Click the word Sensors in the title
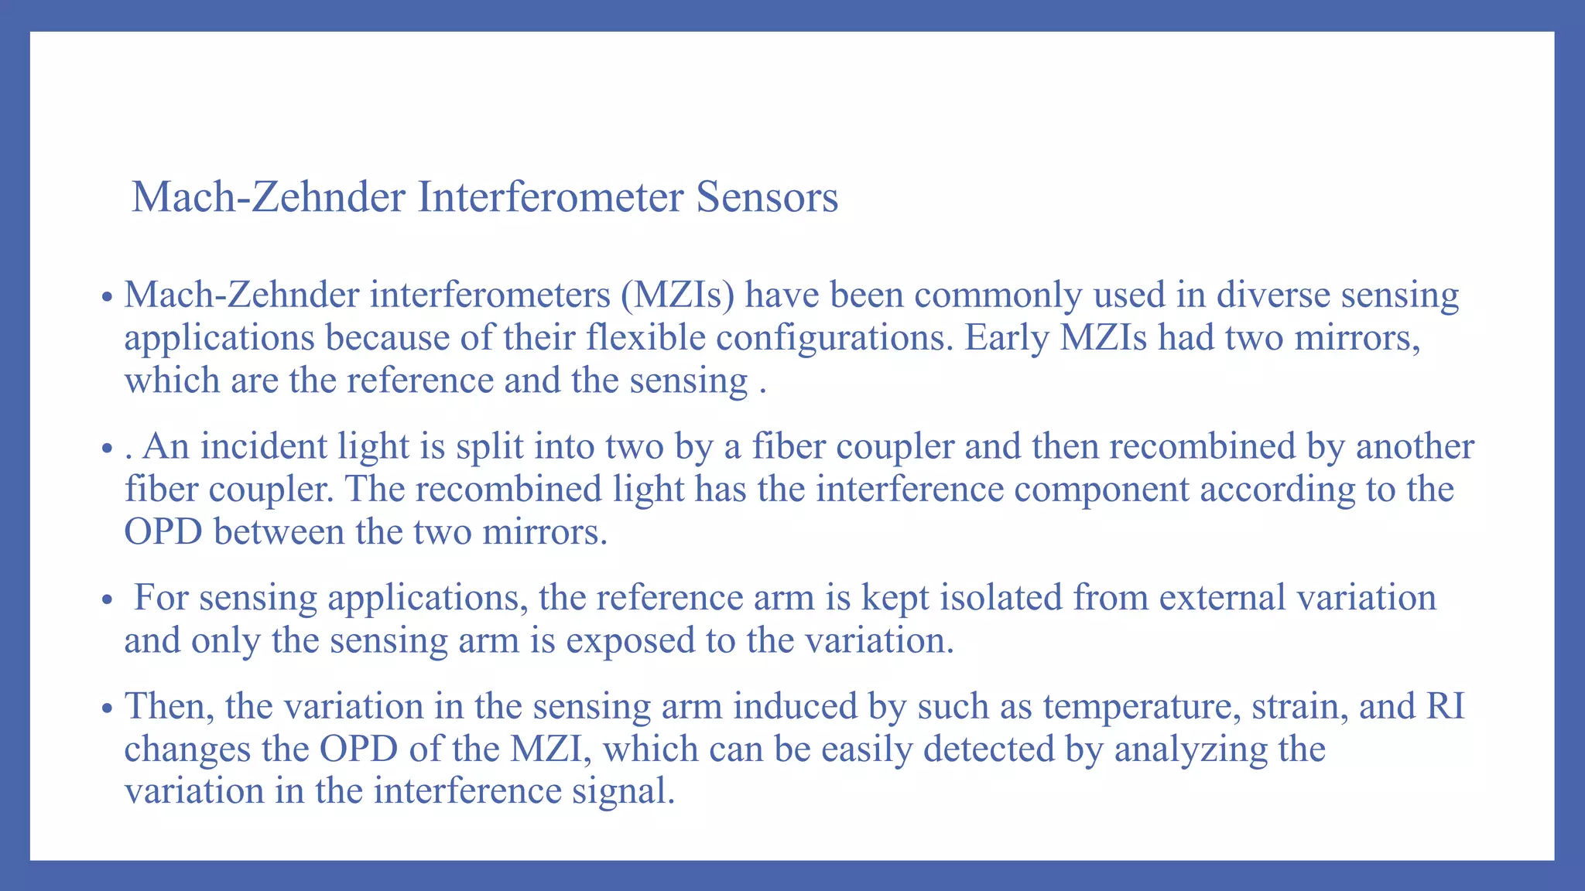pyautogui.click(x=767, y=196)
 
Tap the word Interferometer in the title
pyautogui.click(x=550, y=196)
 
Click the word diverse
pyautogui.click(x=1273, y=295)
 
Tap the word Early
pyautogui.click(x=1006, y=338)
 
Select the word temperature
pyautogui.click(x=1141, y=706)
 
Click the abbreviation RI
pyautogui.click(x=1445, y=706)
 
